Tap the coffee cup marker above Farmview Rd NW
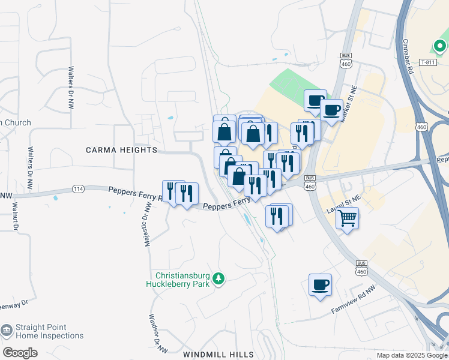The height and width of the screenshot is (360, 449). pos(320,284)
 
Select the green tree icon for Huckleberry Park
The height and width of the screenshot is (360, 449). pos(220,278)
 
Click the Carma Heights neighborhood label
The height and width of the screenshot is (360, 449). pos(121,150)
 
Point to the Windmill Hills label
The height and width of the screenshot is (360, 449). pos(218,355)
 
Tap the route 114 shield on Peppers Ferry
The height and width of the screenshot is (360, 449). pos(79,189)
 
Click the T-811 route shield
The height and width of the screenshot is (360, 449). pos(427,62)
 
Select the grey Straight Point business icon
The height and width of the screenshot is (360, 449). pos(7,331)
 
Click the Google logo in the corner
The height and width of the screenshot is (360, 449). pos(20,353)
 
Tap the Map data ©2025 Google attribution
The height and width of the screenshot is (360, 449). pos(411,355)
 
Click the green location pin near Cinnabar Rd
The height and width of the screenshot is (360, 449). pos(439,46)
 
